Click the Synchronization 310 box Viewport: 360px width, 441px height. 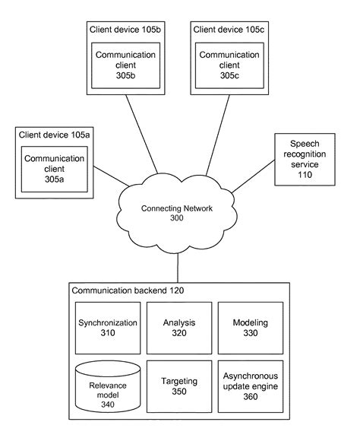108,327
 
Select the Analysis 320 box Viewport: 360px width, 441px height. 178,327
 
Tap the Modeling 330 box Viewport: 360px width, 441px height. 249,327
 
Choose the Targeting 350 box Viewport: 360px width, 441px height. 178,386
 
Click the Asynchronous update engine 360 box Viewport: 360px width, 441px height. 249,386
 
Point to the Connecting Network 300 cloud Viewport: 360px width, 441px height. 178,213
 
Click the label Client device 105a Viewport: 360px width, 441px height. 52,135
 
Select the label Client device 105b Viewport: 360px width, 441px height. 121,29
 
